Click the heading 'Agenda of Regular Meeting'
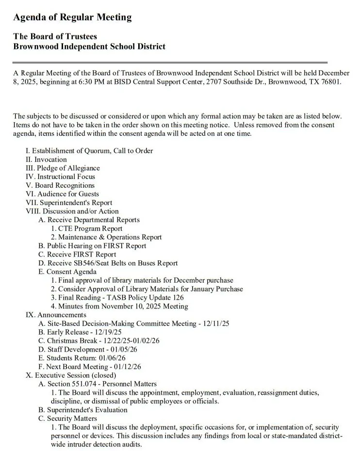point(72,17)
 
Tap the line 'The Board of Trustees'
point(55,36)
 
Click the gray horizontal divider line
point(170,63)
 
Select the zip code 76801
point(330,81)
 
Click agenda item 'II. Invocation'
point(46,160)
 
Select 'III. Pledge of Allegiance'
point(63,168)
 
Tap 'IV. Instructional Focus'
point(60,177)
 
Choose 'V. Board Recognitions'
point(60,185)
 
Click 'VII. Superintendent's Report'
point(69,203)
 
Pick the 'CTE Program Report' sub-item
point(90,228)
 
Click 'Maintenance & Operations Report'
point(110,237)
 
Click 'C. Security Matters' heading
point(68,419)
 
